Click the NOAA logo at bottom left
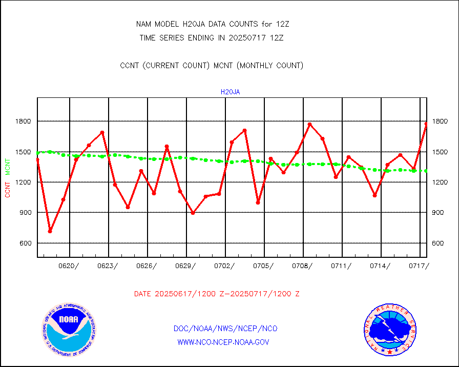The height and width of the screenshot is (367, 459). coord(69,329)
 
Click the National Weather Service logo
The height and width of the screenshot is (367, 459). coord(390,330)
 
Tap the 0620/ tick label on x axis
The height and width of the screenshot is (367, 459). coord(69,266)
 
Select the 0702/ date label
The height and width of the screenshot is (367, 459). coord(224,266)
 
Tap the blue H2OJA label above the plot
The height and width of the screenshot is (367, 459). coord(230,92)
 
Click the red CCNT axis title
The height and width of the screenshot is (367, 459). coord(8,188)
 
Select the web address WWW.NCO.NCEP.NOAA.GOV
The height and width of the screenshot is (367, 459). coord(223,342)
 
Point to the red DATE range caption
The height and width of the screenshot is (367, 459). coord(217,294)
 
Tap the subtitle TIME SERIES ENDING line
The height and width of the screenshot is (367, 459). coord(212,37)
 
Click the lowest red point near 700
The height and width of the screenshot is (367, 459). coord(50,231)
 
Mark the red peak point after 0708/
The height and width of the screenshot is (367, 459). coord(309,124)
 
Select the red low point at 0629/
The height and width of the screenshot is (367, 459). coord(193,213)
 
